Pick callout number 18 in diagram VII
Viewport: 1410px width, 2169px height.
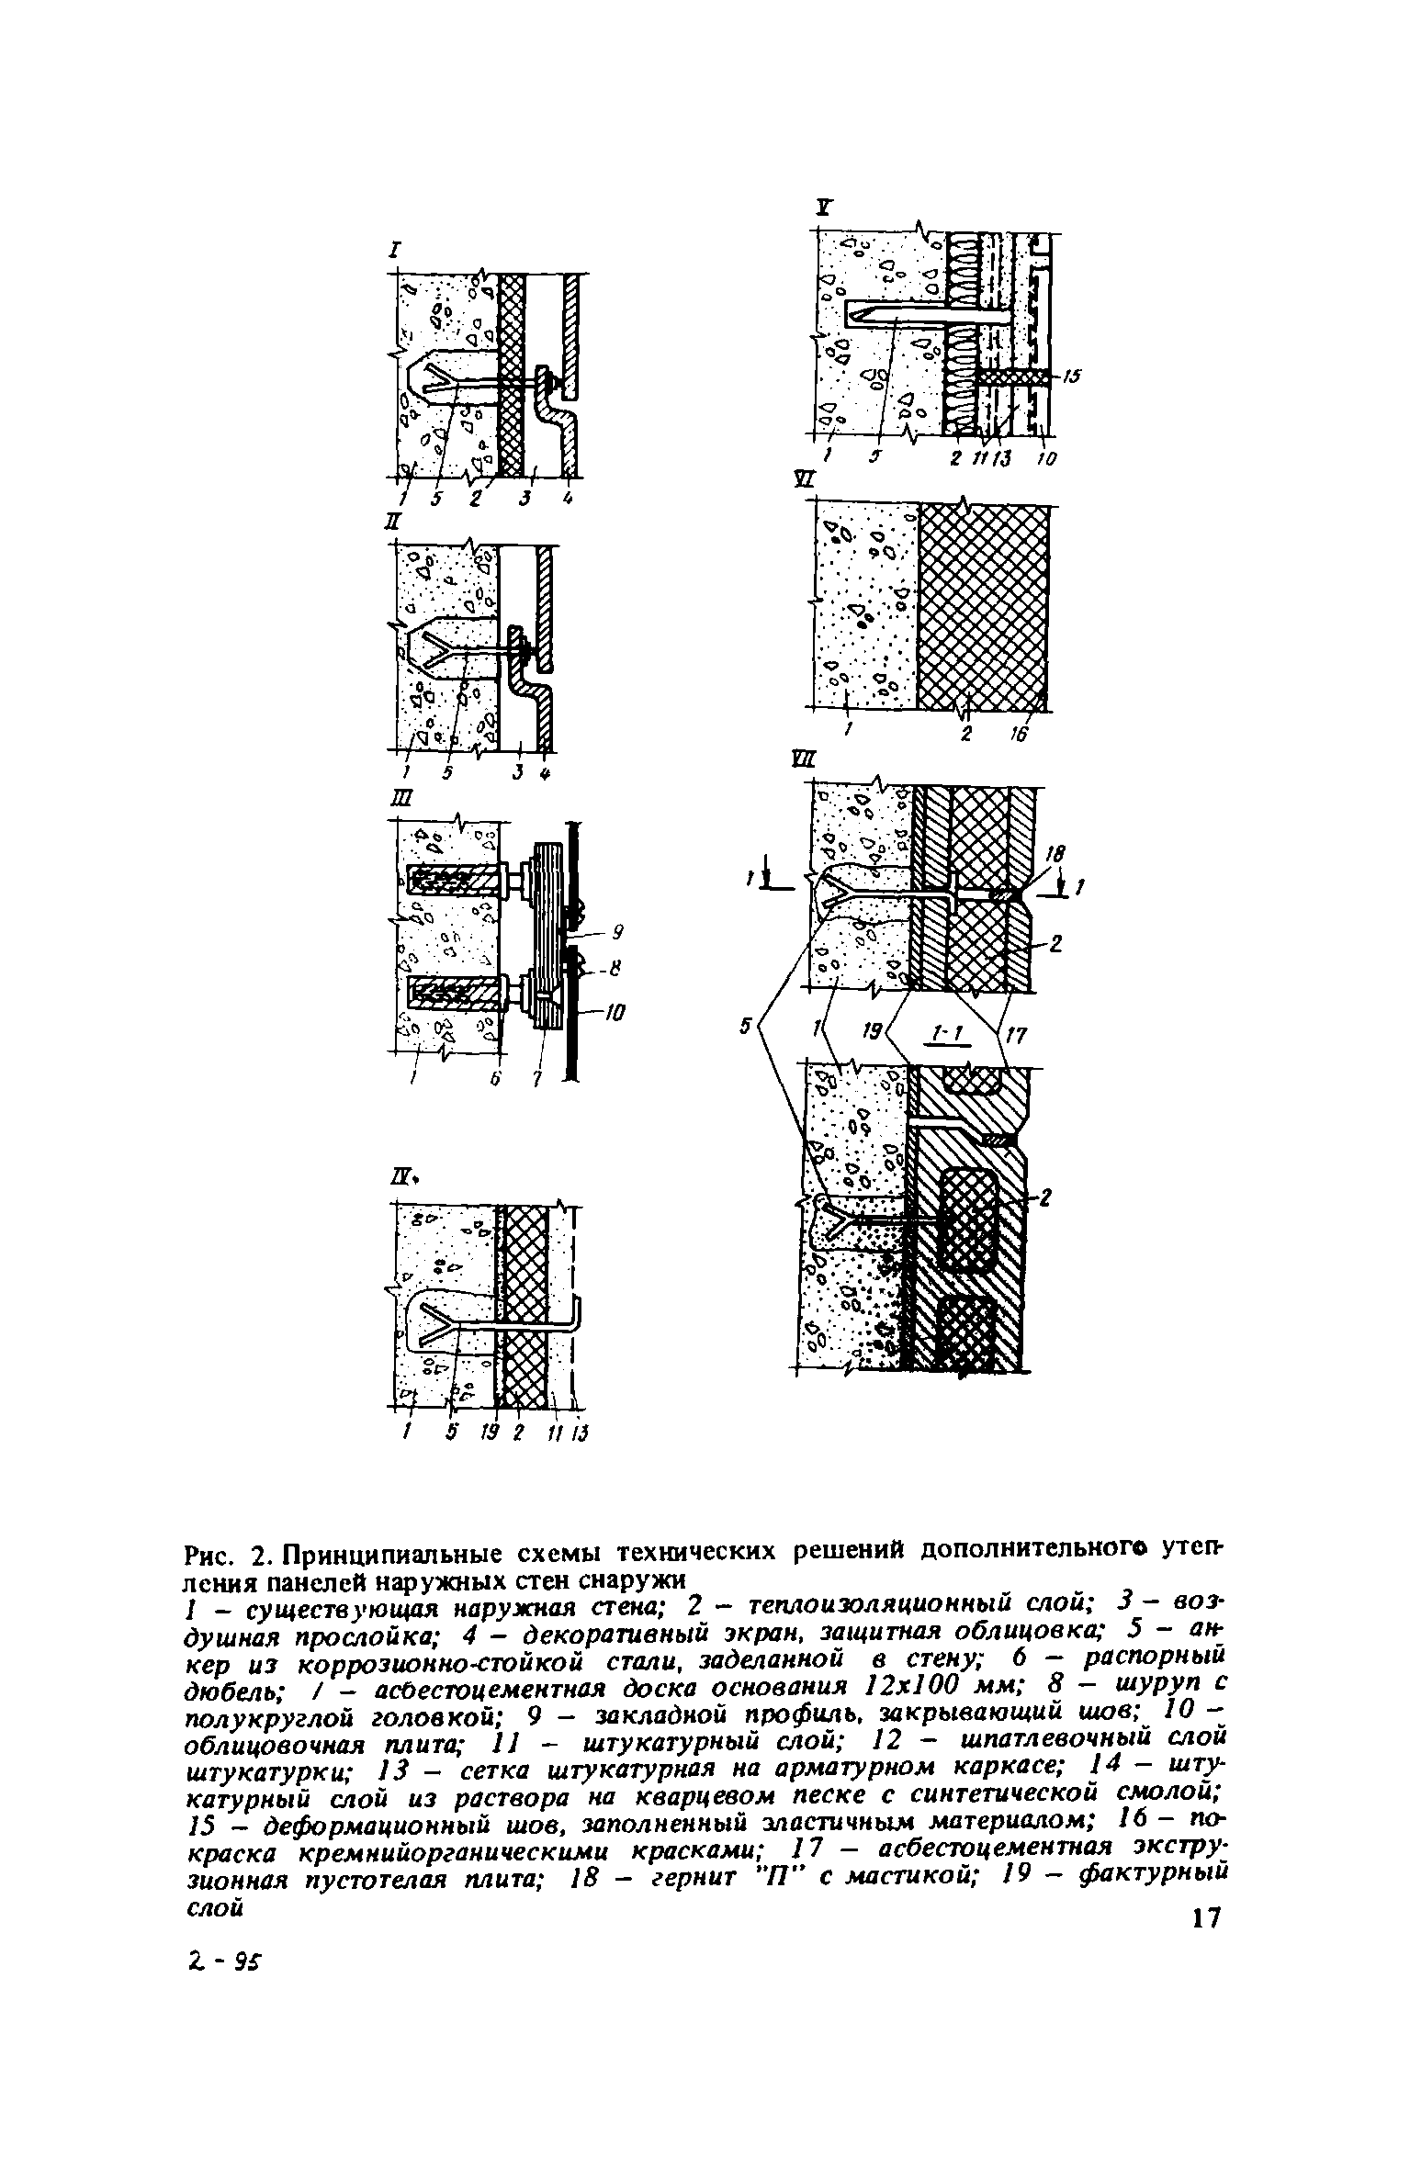1054,855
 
